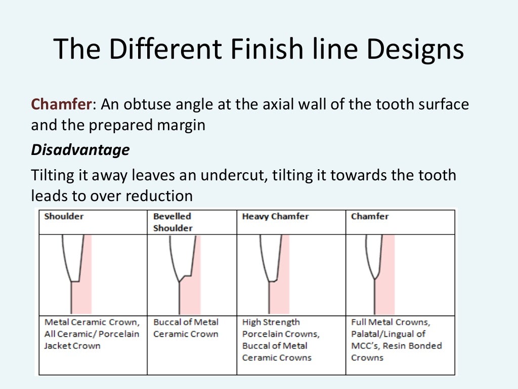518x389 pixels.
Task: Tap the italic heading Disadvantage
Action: tap(80, 150)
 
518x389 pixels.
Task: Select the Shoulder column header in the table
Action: tap(64, 216)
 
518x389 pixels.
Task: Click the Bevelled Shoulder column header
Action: tap(173, 222)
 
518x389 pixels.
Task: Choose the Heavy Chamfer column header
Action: tap(275, 216)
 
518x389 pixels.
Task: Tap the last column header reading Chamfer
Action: tap(370, 216)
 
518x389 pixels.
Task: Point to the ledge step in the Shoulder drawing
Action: tap(75, 281)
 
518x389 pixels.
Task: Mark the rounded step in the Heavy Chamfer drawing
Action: tap(274, 280)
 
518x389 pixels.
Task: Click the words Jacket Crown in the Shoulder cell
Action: tap(72, 346)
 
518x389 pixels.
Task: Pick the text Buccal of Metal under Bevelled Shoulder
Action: tap(186, 322)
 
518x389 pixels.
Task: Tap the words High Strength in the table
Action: tap(271, 322)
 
